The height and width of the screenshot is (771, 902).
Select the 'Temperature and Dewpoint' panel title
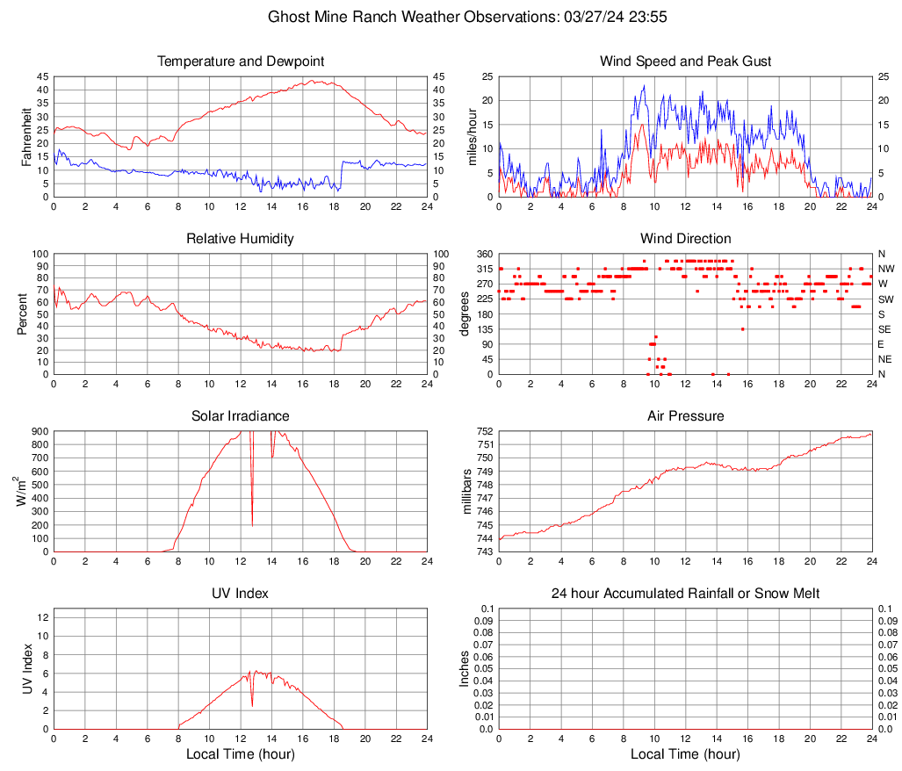pos(241,61)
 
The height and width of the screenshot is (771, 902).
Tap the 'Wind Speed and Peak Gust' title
pos(685,61)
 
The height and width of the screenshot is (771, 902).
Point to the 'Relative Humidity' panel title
pos(241,239)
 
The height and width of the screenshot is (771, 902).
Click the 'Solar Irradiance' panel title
pos(241,415)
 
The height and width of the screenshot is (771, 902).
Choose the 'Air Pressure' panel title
pos(685,415)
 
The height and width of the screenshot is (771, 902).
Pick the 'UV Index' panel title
pos(241,594)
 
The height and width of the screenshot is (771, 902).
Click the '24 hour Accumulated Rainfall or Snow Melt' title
pos(685,594)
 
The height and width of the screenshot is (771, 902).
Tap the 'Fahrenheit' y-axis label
pos(26,137)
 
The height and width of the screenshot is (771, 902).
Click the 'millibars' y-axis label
pos(467,492)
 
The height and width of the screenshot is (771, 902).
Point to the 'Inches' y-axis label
pos(465,669)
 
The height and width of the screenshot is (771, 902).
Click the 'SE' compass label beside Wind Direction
pos(885,329)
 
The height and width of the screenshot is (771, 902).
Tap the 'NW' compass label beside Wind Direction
pos(886,269)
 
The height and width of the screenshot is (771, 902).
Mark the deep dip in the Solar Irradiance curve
pos(252,524)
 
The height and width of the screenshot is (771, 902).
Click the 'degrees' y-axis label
pos(465,314)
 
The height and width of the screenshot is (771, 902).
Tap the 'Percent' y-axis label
pos(22,314)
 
